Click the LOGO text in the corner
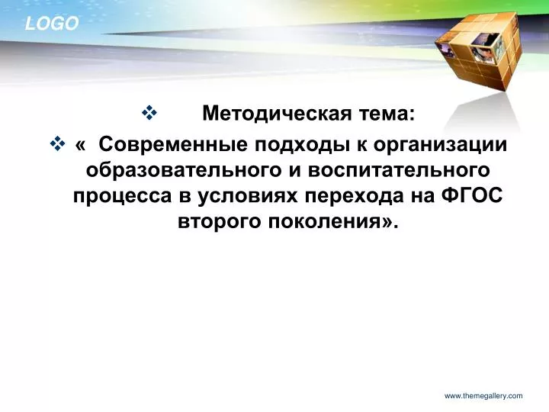pos(52,24)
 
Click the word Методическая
pos(277,114)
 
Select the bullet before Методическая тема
pos(149,113)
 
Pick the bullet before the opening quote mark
pos(57,144)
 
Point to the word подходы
pos(302,145)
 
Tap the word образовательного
pos(185,170)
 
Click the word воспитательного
pos(399,171)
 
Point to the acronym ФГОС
pos(472,195)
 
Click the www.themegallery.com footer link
pos(483,396)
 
